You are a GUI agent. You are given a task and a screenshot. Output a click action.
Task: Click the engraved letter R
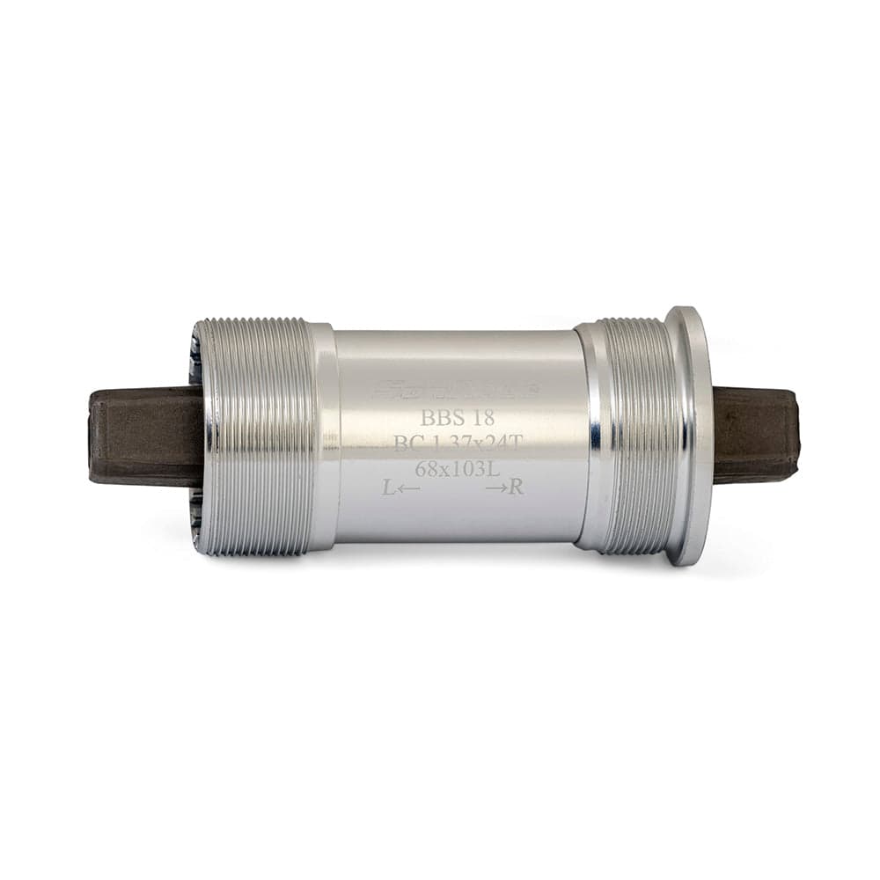517,488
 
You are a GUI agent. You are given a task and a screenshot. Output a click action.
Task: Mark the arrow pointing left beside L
408,488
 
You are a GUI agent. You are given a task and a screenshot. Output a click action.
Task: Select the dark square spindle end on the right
757,436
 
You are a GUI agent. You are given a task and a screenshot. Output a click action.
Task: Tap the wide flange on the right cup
690,436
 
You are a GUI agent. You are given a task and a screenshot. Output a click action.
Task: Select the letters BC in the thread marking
407,444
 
